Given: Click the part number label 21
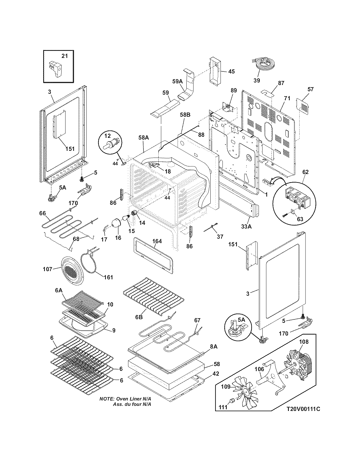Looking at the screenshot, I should click(x=65, y=56).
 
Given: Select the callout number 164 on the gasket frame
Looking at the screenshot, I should click(x=157, y=241).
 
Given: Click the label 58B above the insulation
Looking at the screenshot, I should click(x=185, y=115).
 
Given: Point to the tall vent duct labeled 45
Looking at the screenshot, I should click(x=215, y=71).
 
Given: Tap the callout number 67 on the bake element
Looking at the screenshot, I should click(x=197, y=320).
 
